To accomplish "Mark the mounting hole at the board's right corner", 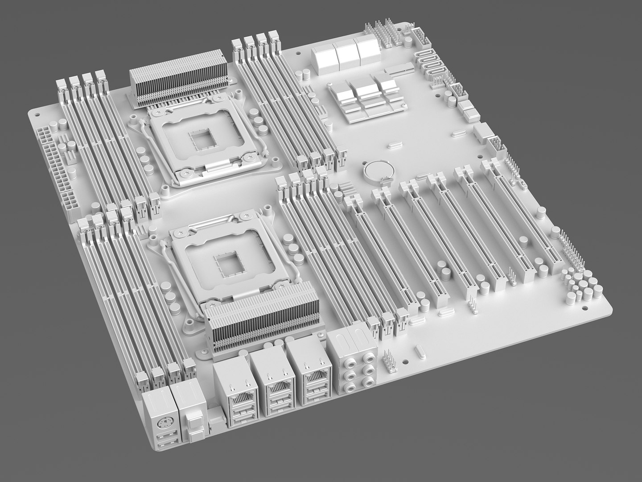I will (x=584, y=308).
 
